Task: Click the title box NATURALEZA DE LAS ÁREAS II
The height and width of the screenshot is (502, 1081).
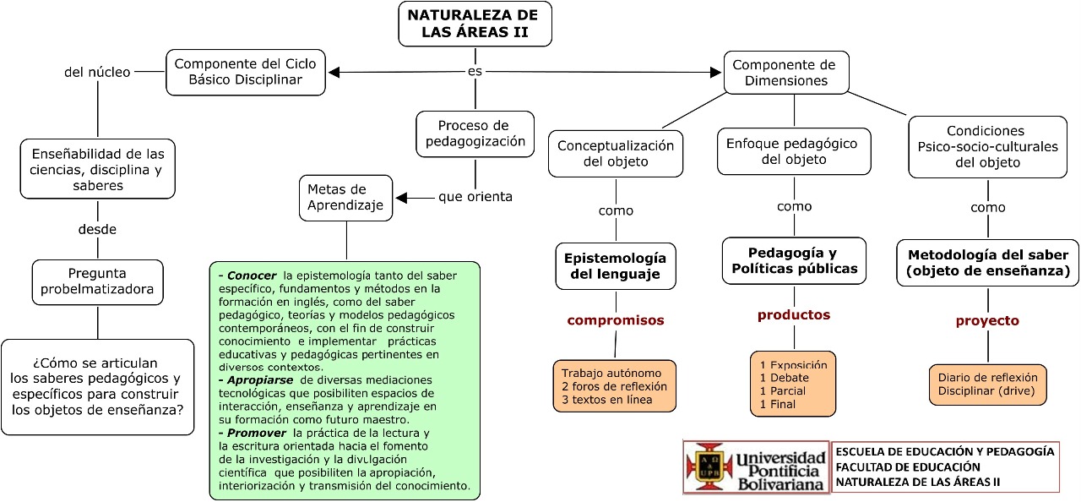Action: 475,24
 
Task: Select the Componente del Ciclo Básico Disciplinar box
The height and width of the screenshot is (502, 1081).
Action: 246,72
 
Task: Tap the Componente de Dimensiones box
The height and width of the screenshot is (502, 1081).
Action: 785,73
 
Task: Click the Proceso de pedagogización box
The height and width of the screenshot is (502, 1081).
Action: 475,134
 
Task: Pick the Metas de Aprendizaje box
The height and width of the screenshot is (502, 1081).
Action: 345,197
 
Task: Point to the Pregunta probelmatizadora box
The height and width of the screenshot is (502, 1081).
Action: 98,281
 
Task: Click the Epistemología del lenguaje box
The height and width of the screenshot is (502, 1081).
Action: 615,265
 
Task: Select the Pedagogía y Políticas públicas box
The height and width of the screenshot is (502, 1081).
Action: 794,260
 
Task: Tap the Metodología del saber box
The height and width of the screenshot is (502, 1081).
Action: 987,262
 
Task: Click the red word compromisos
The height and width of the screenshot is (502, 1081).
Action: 616,320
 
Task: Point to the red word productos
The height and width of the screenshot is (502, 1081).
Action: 794,314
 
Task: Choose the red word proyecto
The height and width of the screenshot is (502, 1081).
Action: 987,320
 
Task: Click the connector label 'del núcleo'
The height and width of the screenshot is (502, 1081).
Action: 97,72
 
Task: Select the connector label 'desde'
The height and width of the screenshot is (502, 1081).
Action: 97,229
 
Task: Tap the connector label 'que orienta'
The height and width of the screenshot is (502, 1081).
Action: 475,197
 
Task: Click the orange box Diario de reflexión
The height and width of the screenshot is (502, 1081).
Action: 987,385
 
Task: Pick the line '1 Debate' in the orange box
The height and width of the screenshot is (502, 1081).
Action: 784,378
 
